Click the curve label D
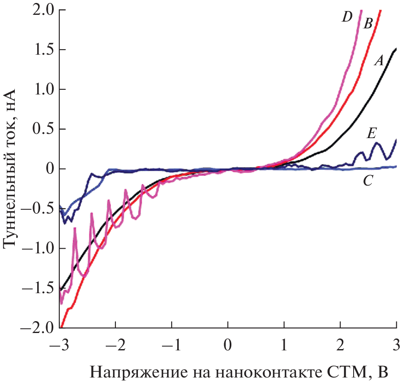coord(347,18)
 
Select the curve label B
coord(368,24)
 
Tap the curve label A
coord(379,61)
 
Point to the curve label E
coord(371,134)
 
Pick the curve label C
coord(368,182)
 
